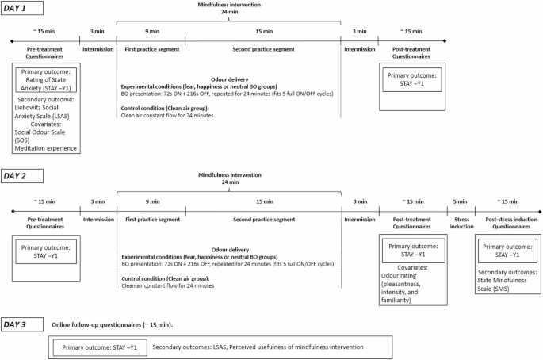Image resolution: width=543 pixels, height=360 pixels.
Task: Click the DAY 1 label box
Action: coord(21,8)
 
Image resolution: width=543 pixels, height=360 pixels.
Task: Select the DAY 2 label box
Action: coord(21,175)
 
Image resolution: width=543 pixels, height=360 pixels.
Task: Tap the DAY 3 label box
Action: coord(21,325)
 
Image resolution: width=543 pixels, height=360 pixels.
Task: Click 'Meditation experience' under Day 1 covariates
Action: coord(44,148)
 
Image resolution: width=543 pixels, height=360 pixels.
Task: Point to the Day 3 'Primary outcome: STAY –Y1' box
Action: coord(100,346)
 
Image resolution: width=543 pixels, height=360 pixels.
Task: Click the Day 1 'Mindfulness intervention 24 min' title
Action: coord(230,8)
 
